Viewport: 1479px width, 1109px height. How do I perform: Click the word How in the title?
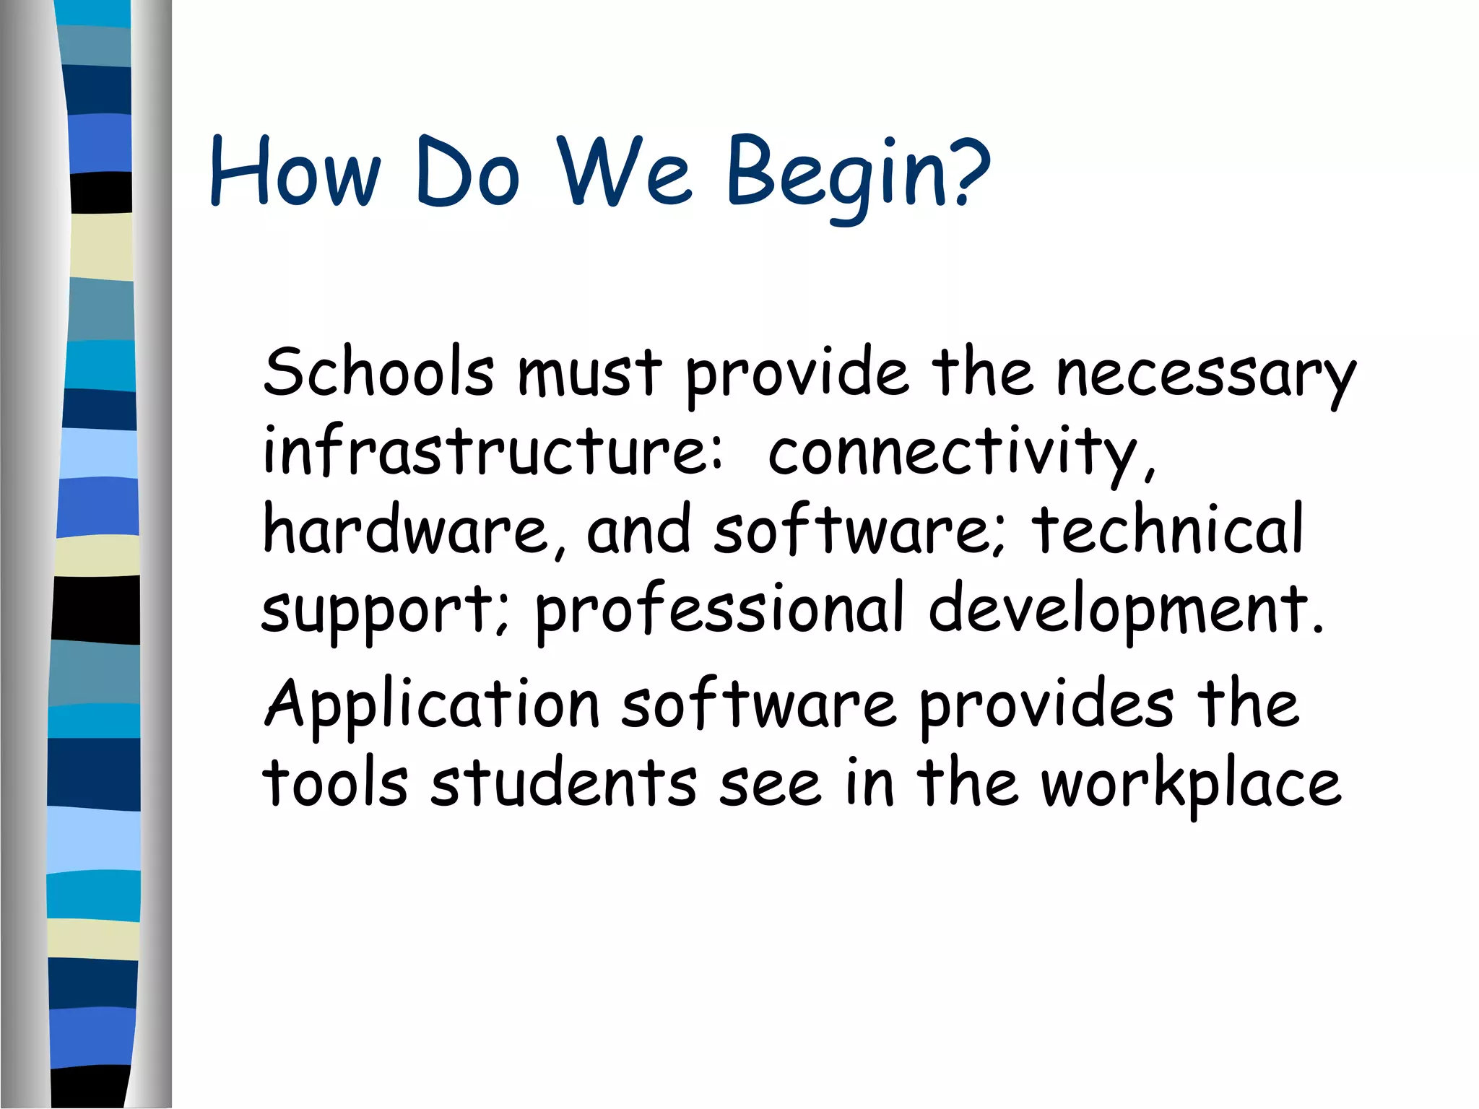pos(295,173)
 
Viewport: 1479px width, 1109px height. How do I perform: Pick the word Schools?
pos(378,373)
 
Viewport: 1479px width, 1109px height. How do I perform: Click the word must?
pos(589,374)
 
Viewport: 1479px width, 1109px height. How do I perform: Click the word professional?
pos(719,611)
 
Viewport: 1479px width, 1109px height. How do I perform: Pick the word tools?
pos(335,783)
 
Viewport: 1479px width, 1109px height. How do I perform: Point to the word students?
pos(564,783)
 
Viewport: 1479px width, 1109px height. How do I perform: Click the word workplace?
pos(1191,786)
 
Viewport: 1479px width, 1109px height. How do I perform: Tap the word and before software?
pos(638,530)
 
